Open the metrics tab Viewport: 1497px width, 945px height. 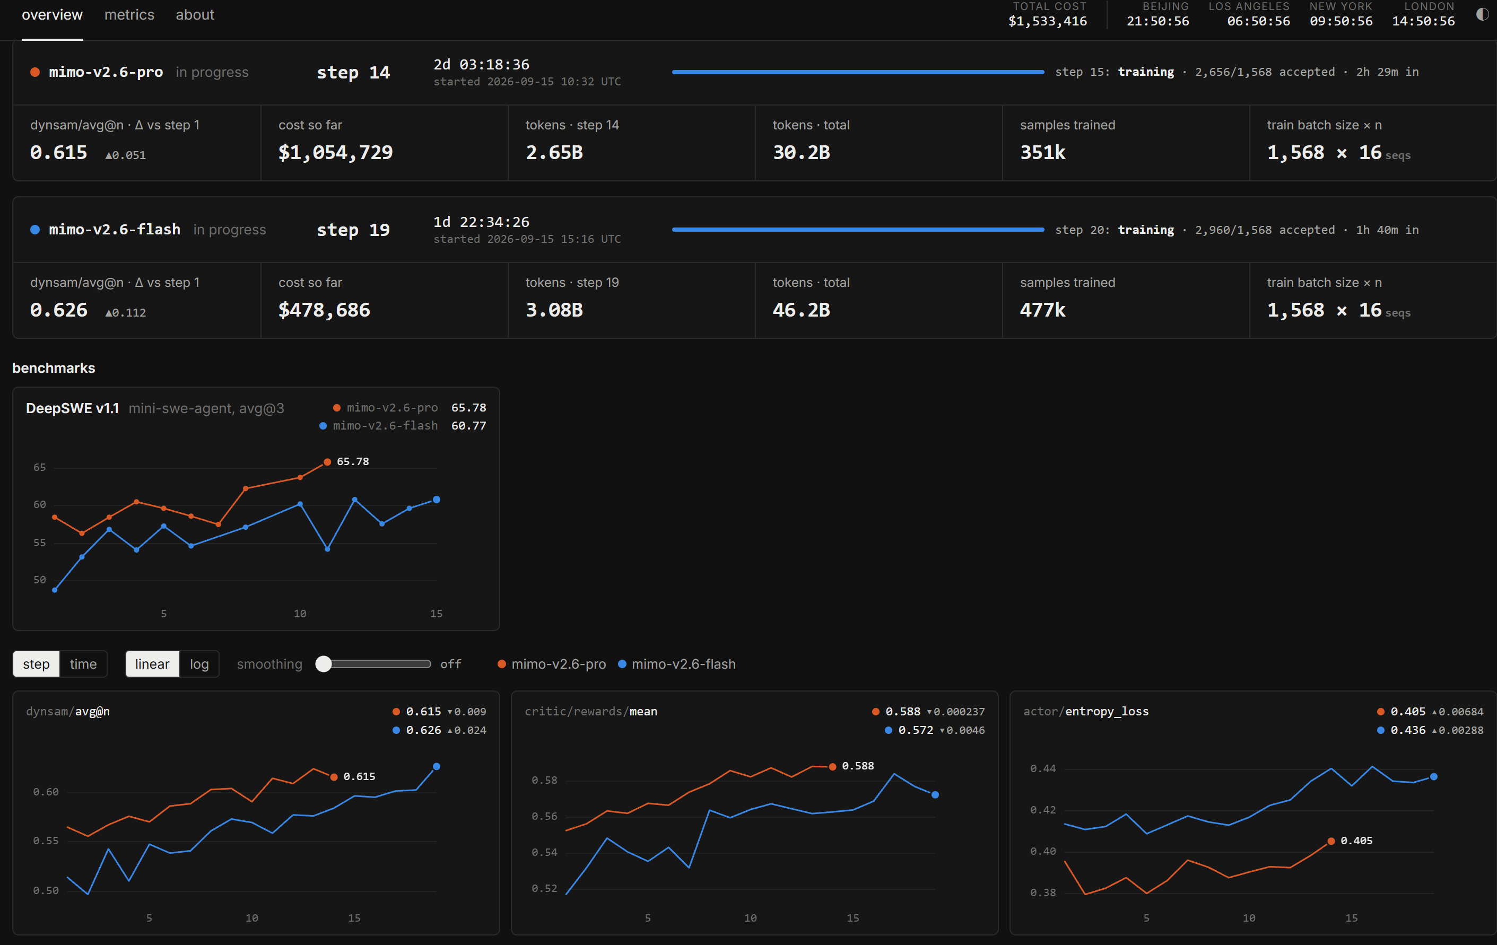coord(129,15)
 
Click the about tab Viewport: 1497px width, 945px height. coord(195,15)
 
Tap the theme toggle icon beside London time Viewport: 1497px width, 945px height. coord(1482,14)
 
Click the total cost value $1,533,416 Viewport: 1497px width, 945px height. coord(1048,21)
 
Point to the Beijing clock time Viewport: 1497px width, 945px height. coord(1157,21)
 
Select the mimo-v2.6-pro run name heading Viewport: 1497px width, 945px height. coord(106,72)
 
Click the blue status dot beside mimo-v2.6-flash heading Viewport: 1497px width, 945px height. coord(36,230)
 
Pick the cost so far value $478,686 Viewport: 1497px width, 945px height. coord(324,310)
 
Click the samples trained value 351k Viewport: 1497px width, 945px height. coord(1042,153)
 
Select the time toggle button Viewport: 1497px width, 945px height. coord(83,664)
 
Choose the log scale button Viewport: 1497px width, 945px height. coord(199,664)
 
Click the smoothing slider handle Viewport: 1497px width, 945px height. coord(323,664)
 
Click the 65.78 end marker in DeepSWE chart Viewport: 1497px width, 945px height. coord(327,461)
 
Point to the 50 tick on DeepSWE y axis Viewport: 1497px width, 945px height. coord(40,580)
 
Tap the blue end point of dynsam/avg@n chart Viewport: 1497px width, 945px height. coord(437,767)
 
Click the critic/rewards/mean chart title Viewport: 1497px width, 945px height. coord(590,711)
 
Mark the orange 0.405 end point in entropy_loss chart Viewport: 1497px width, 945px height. coord(1331,841)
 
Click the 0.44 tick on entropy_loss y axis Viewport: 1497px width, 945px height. coord(1042,768)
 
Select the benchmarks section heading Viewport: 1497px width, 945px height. coord(54,368)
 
